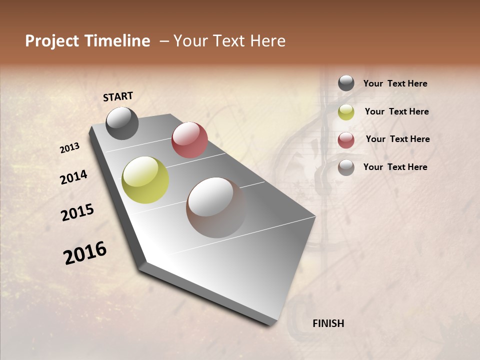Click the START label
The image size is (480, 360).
click(118, 96)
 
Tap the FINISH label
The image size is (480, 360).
click(328, 323)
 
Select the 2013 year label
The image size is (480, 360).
click(69, 148)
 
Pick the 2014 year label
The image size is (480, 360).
click(73, 177)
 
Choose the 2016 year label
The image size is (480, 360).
click(85, 253)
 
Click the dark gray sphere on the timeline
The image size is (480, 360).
click(122, 123)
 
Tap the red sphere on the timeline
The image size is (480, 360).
click(189, 140)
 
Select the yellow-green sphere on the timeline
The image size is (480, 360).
click(145, 180)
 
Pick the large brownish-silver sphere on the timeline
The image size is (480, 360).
click(216, 207)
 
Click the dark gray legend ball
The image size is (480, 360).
click(346, 83)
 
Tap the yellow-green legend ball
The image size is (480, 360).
click(346, 112)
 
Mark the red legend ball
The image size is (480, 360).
click(346, 140)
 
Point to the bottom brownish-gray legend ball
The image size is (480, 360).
click(346, 167)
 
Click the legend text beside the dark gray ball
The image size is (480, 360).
click(395, 83)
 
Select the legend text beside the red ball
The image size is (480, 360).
click(397, 139)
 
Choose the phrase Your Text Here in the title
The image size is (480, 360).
click(229, 41)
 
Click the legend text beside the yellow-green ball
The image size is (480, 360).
click(396, 111)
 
